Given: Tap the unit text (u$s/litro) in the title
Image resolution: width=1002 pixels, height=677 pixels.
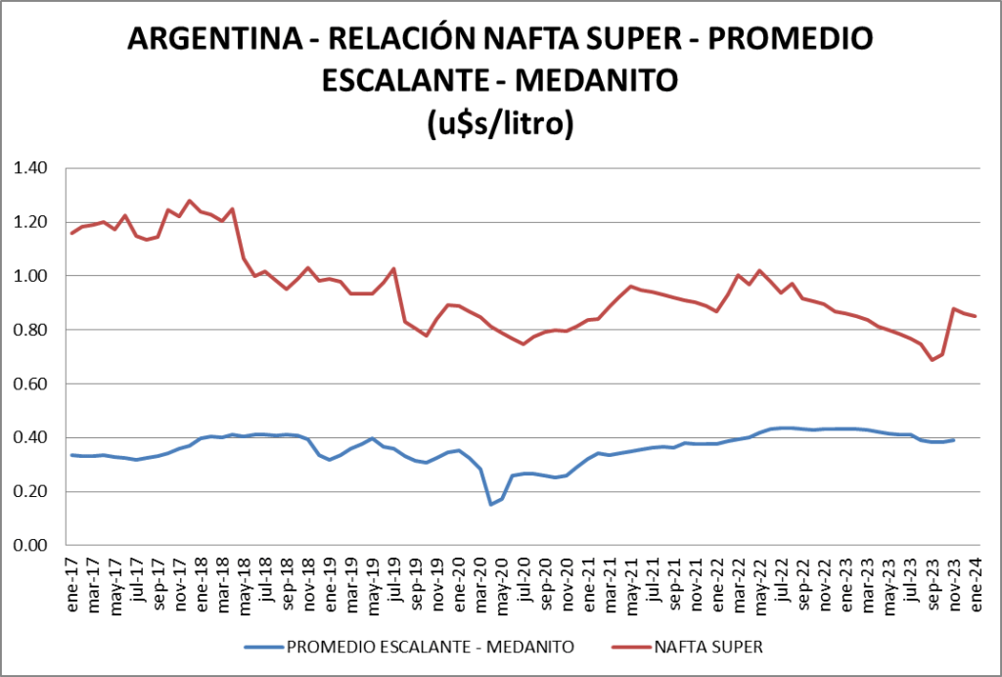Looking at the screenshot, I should pos(499,122).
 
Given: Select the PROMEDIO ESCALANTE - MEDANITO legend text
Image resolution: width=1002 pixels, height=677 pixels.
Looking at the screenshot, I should pos(428,647).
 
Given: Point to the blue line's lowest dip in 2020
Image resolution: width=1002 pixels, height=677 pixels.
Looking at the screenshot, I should pos(490,504).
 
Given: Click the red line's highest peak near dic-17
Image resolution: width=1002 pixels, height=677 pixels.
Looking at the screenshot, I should pos(190,201).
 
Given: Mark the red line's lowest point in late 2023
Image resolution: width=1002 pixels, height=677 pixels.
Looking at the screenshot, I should pos(933,359).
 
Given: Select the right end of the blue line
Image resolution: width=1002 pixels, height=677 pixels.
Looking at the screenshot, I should pos(954,440).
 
